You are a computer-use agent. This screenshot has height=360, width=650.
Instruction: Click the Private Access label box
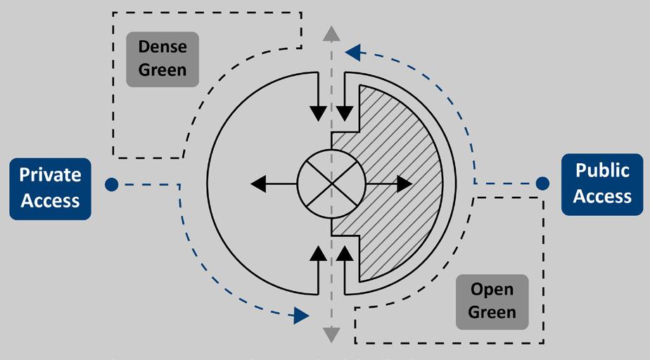(x=50, y=188)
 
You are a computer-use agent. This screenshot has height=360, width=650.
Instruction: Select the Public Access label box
(x=602, y=184)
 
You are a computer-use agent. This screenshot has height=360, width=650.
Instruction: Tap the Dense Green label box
(x=162, y=59)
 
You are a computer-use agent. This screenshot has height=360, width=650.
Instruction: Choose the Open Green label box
(x=492, y=302)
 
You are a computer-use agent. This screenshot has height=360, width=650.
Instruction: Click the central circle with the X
(x=331, y=184)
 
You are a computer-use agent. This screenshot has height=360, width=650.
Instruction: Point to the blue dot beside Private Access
(x=110, y=184)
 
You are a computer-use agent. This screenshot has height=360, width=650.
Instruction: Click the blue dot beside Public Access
(x=542, y=184)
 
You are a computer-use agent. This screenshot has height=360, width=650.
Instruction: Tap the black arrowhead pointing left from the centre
(x=259, y=184)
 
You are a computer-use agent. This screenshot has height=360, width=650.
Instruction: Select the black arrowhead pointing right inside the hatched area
(x=404, y=184)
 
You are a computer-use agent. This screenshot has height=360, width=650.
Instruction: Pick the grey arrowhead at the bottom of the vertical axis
(x=331, y=335)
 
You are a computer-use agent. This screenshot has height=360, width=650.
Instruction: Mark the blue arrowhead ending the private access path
(x=301, y=315)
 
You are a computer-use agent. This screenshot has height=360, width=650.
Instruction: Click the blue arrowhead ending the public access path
(x=353, y=51)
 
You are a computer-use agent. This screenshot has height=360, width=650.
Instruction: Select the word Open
(x=492, y=290)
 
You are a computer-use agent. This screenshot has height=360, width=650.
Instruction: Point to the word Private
(x=50, y=176)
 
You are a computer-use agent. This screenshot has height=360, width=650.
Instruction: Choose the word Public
(x=602, y=171)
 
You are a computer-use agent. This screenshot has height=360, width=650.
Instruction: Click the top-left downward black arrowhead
(x=318, y=113)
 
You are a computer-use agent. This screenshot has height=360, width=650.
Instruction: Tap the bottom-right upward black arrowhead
(x=344, y=254)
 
